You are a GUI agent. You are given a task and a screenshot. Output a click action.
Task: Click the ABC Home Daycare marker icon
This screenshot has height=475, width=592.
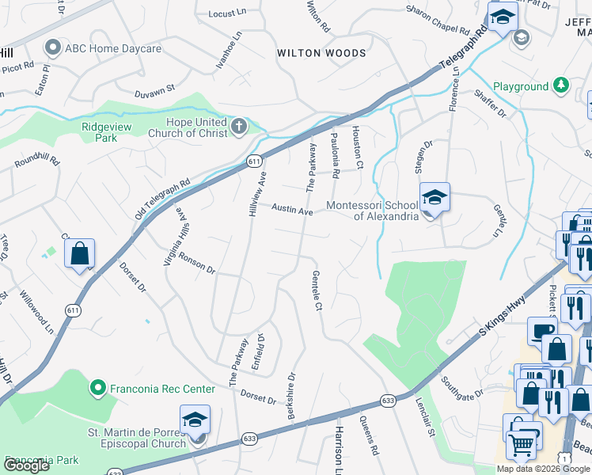coord(53,48)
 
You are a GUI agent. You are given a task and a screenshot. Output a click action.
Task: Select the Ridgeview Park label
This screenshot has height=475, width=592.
coord(99,132)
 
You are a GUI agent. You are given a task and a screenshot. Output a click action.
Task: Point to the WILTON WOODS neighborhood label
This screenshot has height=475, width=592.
coord(321,53)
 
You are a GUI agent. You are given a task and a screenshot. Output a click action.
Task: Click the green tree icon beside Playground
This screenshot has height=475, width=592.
coord(560,85)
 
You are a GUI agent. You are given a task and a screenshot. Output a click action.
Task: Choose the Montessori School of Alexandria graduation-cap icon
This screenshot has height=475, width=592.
coord(435,197)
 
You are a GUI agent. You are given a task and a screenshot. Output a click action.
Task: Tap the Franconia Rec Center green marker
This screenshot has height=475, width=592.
coord(97,388)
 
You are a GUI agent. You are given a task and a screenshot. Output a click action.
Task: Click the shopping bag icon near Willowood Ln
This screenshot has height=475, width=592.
coord(80,254)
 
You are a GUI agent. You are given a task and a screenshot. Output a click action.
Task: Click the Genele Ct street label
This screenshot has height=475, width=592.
coord(317,291)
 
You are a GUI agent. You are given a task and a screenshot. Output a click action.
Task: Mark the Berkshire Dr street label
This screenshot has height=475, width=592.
coord(291,396)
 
